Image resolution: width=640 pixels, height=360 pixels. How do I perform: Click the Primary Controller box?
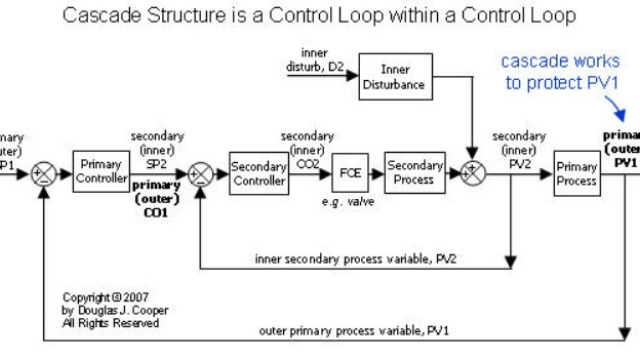pos(101,172)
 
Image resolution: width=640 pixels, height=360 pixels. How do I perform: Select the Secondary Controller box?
pos(259,173)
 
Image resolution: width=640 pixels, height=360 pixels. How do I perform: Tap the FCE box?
pos(350,172)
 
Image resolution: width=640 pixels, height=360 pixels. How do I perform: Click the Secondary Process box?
pos(414,172)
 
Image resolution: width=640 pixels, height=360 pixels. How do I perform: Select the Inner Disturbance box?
pos(395,76)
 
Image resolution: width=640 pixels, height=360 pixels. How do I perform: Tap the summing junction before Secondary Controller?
pos(202,173)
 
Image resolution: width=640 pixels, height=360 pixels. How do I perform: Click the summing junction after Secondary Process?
pos(471,173)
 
